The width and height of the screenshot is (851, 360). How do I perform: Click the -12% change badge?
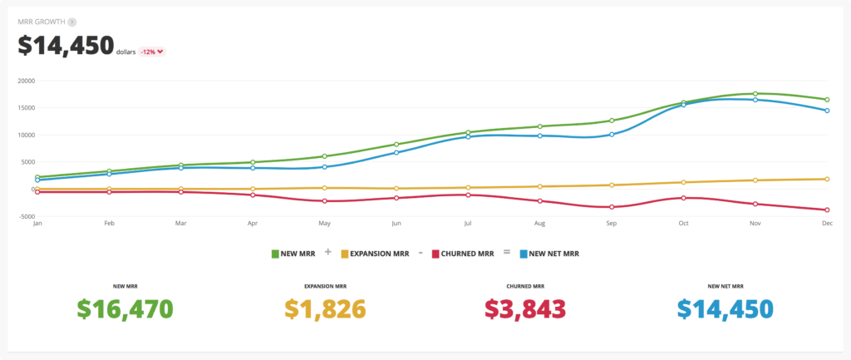152,52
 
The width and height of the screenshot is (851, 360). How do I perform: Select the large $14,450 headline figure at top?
66,46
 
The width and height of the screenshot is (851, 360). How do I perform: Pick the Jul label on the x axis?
468,224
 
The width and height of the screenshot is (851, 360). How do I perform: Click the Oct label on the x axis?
683,224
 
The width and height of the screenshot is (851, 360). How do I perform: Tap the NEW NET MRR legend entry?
548,253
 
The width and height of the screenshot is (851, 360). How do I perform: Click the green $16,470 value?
125,308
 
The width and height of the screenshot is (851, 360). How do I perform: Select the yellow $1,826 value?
325,308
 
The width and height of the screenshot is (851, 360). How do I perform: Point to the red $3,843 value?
524,308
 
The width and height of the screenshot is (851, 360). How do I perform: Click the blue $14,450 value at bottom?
725,308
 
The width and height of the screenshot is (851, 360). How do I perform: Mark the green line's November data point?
755,93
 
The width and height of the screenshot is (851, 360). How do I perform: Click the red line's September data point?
612,207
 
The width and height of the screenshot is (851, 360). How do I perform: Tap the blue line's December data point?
827,111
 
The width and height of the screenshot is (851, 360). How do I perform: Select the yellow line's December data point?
827,179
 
